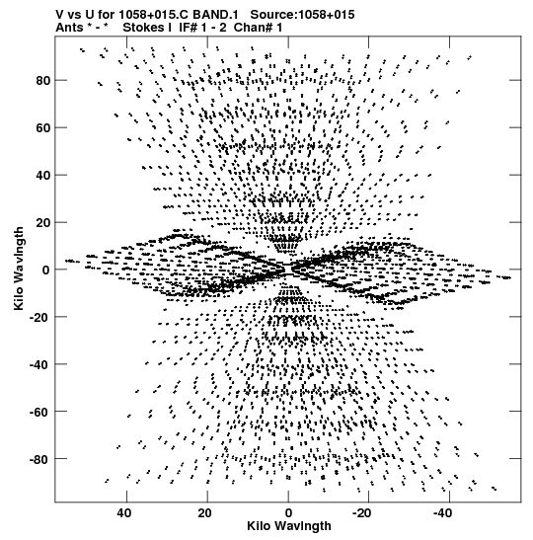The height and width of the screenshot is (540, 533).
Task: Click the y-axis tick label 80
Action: [x=43, y=81]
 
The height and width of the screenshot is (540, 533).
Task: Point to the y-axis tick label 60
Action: [x=43, y=127]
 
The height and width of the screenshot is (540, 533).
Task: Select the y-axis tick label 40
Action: [x=43, y=176]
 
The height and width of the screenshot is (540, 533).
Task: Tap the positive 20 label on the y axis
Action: [x=43, y=222]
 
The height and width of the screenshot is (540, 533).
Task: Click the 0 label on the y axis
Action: [x=46, y=270]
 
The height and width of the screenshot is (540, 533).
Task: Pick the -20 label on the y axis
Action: [x=40, y=317]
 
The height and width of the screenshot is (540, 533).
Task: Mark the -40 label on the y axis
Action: [x=40, y=364]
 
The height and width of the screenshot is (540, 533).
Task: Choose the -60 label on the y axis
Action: [x=40, y=412]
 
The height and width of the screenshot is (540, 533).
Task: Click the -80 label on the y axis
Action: [x=40, y=459]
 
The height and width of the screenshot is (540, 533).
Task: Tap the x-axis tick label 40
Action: [x=124, y=513]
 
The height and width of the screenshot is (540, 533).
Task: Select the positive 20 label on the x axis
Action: [x=205, y=513]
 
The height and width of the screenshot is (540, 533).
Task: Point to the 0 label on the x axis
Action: [x=288, y=513]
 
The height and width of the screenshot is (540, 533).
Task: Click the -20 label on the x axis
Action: [x=361, y=513]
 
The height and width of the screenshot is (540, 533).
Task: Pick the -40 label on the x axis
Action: [x=442, y=513]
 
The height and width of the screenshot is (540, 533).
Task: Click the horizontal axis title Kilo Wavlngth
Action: [x=289, y=526]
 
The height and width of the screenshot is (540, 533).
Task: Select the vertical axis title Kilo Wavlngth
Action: [x=19, y=269]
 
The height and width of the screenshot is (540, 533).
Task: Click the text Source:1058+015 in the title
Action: [x=302, y=15]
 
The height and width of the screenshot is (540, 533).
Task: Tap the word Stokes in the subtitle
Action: [x=147, y=28]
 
